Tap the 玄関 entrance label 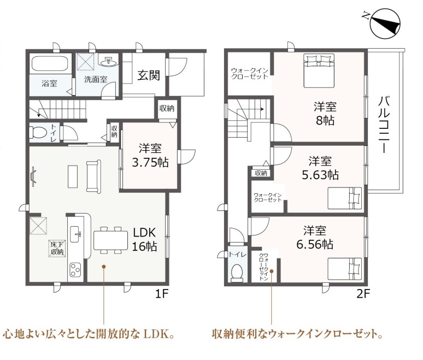point(149,75)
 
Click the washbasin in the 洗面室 point(109,62)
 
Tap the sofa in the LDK point(93,176)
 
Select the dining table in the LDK point(110,240)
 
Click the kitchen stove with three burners point(75,269)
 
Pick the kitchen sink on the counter point(75,234)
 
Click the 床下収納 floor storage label point(57,249)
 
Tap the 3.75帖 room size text point(150,163)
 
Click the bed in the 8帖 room point(319,70)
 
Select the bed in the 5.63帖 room point(345,198)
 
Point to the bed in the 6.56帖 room point(345,269)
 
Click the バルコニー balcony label point(384,125)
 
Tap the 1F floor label point(162,294)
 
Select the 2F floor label point(362,294)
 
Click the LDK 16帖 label point(145,239)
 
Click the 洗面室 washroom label point(96,79)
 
